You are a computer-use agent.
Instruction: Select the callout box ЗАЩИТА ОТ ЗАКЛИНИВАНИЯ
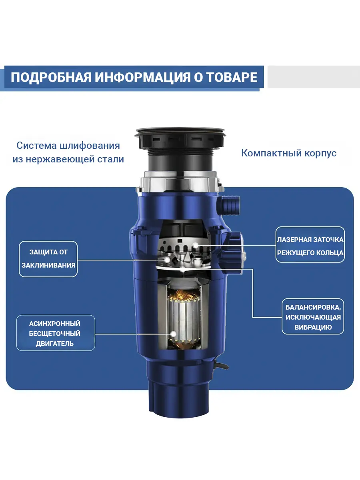[48, 259]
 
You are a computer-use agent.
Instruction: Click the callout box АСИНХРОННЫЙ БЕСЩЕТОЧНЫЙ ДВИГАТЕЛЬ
[55, 333]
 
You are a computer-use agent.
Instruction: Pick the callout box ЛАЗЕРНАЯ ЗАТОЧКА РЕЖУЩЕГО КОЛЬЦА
[310, 245]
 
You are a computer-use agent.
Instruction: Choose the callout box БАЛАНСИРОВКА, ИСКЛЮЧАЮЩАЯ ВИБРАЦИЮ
[313, 317]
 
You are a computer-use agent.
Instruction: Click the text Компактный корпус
[289, 153]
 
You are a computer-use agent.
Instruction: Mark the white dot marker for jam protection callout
[167, 259]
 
